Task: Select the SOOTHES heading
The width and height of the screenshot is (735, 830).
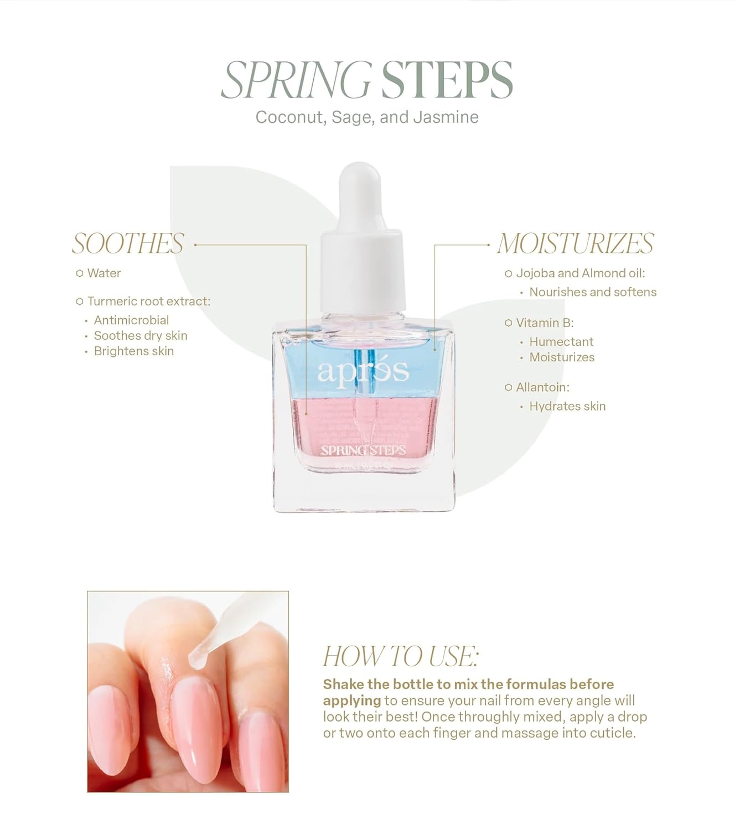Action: coord(128,244)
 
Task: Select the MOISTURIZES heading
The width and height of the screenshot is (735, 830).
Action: coord(575,244)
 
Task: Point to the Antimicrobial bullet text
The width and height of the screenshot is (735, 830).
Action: coord(131,320)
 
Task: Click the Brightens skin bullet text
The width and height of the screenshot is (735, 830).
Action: coord(133,351)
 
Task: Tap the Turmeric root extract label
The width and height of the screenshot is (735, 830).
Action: coord(148,302)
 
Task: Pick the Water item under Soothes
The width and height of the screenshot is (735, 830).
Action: coord(103,273)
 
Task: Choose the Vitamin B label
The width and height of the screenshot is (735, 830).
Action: coord(545,323)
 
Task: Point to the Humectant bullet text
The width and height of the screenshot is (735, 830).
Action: coord(561,342)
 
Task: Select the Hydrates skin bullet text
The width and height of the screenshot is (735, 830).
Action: coord(567,407)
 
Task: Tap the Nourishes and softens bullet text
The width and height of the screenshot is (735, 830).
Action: coord(592,292)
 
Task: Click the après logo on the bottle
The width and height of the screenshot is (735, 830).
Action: coord(363,372)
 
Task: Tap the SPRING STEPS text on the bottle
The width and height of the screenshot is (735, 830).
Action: coord(363,450)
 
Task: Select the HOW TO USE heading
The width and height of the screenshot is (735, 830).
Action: coord(400,657)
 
